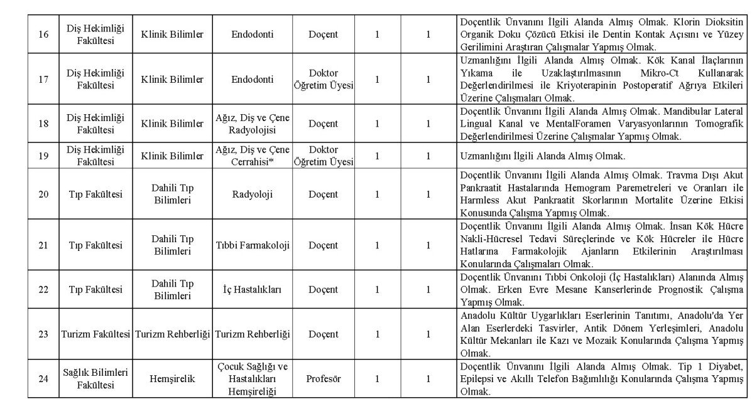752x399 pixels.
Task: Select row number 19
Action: (x=43, y=155)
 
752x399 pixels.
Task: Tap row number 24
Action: (x=43, y=378)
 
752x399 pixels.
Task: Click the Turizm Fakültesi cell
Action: (x=96, y=334)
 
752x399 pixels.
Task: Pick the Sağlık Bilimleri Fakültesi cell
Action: (x=96, y=378)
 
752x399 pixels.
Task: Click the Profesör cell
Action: (x=323, y=378)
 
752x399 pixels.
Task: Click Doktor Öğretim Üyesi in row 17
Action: (x=323, y=79)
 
